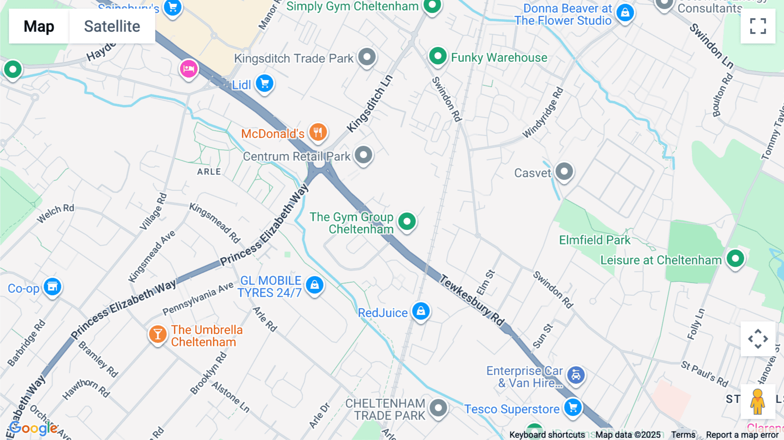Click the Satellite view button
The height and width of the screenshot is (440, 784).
click(x=112, y=26)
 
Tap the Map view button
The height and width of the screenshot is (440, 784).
click(x=39, y=26)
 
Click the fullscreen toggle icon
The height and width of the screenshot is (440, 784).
click(x=758, y=26)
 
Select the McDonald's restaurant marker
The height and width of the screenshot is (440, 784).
click(x=318, y=132)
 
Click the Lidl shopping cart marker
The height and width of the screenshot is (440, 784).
click(x=264, y=83)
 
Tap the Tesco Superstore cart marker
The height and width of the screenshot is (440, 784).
click(x=573, y=408)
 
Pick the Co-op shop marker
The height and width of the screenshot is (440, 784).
click(x=52, y=287)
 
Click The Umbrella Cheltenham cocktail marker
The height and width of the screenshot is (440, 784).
click(x=158, y=335)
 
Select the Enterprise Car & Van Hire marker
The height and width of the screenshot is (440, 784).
click(x=576, y=375)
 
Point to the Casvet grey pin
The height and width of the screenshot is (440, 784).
click(x=564, y=172)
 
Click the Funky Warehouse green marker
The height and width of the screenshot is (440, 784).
click(x=438, y=56)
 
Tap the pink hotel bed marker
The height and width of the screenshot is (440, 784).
click(x=189, y=69)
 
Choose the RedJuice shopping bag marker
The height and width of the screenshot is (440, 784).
click(x=421, y=311)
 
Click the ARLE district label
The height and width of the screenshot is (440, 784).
click(x=209, y=172)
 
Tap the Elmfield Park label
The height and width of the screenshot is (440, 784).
click(x=595, y=240)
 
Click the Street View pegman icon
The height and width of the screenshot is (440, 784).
click(x=758, y=401)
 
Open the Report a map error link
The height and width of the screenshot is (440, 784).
click(x=742, y=435)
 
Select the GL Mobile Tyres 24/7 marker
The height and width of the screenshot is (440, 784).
click(x=314, y=285)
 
